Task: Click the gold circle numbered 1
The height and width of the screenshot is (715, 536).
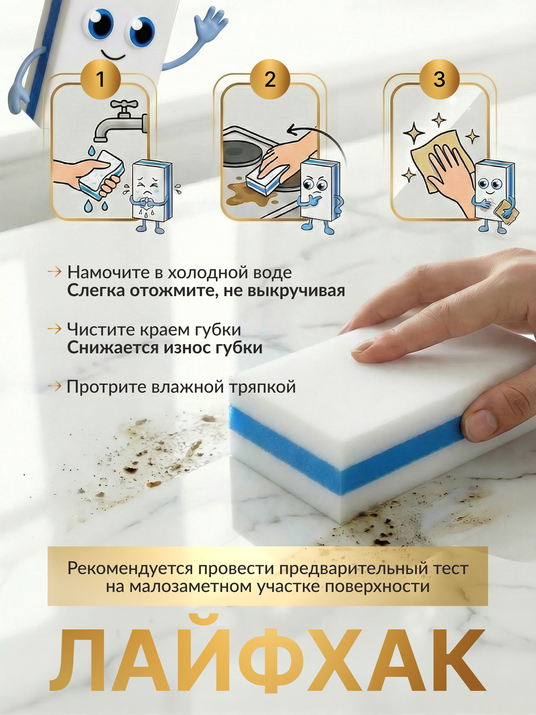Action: click(100, 79)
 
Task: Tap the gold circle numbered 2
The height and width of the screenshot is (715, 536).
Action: click(270, 79)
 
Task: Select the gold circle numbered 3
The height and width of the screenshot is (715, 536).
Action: click(439, 79)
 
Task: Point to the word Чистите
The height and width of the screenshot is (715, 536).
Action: click(101, 329)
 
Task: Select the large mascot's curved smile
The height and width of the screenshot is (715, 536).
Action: click(113, 55)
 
